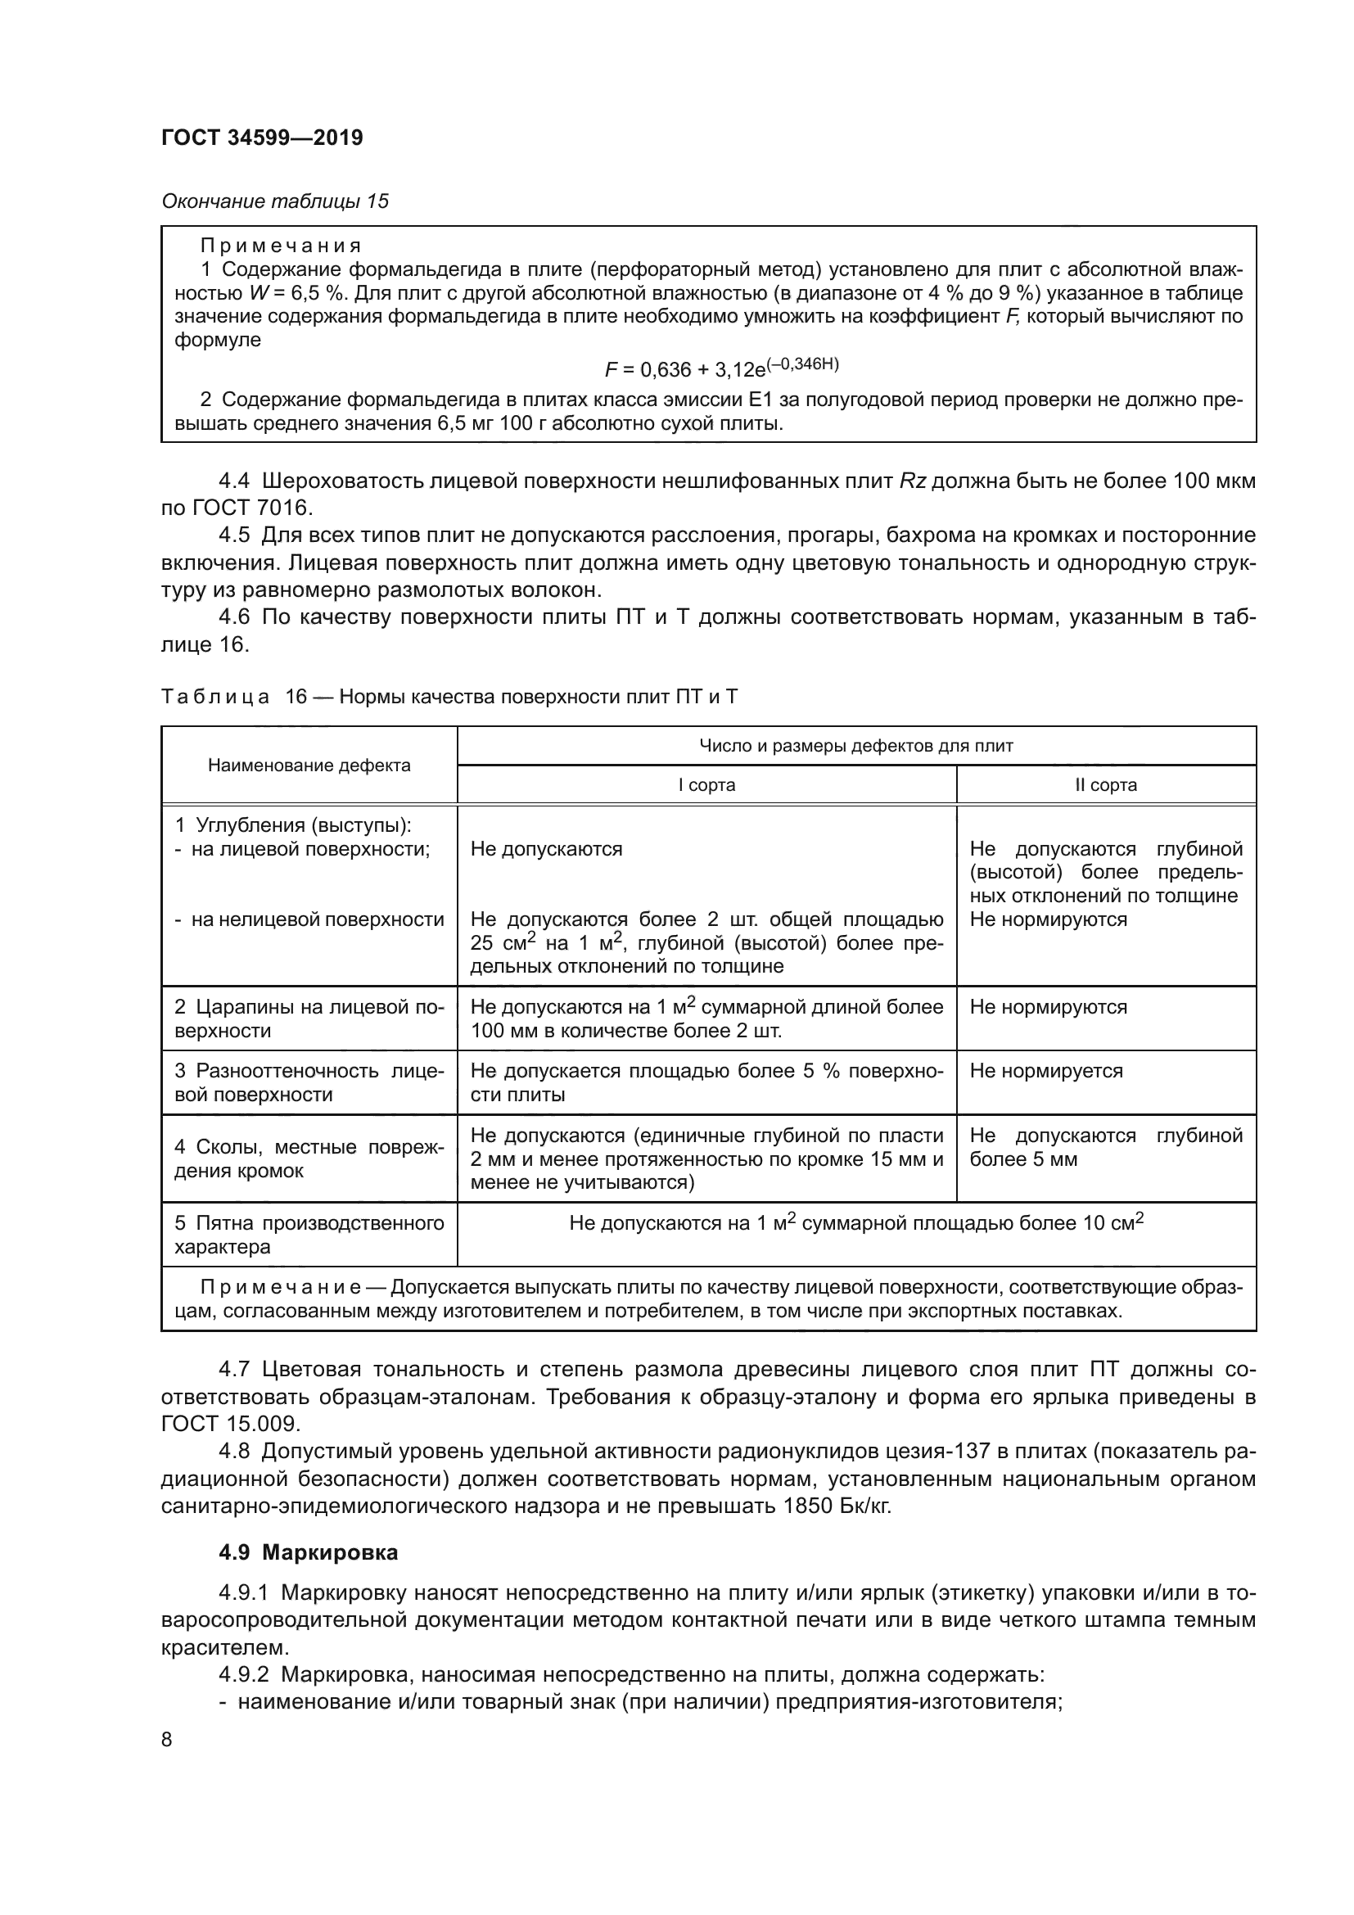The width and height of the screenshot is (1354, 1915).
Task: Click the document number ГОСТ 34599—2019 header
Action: tap(262, 138)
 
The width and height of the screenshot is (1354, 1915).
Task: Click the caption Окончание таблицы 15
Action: tap(275, 201)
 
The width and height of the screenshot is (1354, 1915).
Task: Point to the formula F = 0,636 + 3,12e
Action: tap(721, 368)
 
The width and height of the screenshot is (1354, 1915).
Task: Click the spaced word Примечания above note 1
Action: tap(281, 246)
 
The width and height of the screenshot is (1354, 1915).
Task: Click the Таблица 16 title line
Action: tap(449, 697)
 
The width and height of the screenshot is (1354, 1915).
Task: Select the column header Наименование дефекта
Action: tap(309, 766)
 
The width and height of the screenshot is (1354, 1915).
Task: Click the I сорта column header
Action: tap(706, 785)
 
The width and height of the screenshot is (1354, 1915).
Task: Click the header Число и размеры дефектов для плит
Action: tap(856, 746)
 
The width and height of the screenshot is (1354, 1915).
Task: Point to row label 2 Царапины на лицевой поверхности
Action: tap(309, 1018)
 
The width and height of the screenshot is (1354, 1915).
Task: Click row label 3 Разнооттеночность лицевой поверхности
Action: tap(309, 1082)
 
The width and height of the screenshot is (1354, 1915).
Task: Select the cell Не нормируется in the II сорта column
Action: tap(1045, 1071)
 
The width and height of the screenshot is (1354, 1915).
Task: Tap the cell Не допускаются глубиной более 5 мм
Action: tap(1105, 1147)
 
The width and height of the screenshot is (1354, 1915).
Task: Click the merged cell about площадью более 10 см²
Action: tap(856, 1223)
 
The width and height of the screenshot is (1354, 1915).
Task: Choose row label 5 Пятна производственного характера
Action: tap(309, 1235)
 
